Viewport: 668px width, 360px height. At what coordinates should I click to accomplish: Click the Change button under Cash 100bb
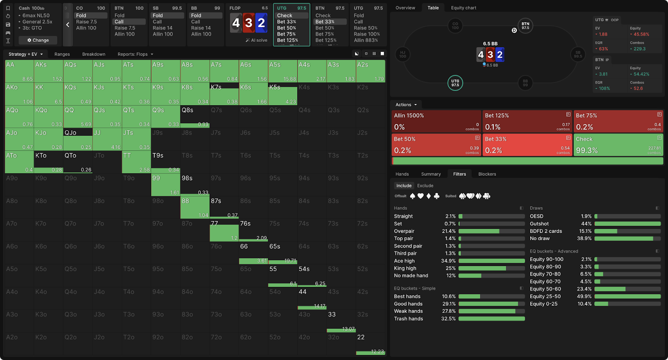click(x=38, y=40)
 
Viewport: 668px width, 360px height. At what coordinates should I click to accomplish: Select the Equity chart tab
click(x=463, y=8)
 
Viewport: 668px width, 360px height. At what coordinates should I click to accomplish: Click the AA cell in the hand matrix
click(x=19, y=71)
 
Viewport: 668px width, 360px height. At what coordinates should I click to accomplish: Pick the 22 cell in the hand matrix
click(x=370, y=343)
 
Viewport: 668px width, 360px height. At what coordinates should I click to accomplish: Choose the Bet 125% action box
click(x=527, y=121)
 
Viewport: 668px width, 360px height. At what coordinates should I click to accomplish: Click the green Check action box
click(x=618, y=145)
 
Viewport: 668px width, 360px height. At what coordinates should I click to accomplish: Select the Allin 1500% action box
click(x=436, y=121)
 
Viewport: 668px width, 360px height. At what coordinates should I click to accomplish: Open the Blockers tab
click(x=487, y=174)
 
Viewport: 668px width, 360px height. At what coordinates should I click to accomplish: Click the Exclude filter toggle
click(x=425, y=186)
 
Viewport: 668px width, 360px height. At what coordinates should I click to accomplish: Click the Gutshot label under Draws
click(x=539, y=224)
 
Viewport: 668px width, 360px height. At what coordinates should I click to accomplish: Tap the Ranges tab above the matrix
click(x=62, y=54)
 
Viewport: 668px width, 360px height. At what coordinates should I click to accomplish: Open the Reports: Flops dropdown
click(x=135, y=54)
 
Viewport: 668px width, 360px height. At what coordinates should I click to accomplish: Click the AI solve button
click(x=256, y=40)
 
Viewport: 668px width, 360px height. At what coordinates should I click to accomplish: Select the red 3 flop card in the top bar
click(x=249, y=23)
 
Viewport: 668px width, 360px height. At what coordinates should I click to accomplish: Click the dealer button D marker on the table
click(x=514, y=30)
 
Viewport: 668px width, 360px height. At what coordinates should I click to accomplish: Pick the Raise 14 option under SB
click(x=163, y=28)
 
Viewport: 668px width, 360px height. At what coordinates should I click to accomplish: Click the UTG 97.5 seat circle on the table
click(x=455, y=83)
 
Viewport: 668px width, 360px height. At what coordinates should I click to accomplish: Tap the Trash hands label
click(x=408, y=319)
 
